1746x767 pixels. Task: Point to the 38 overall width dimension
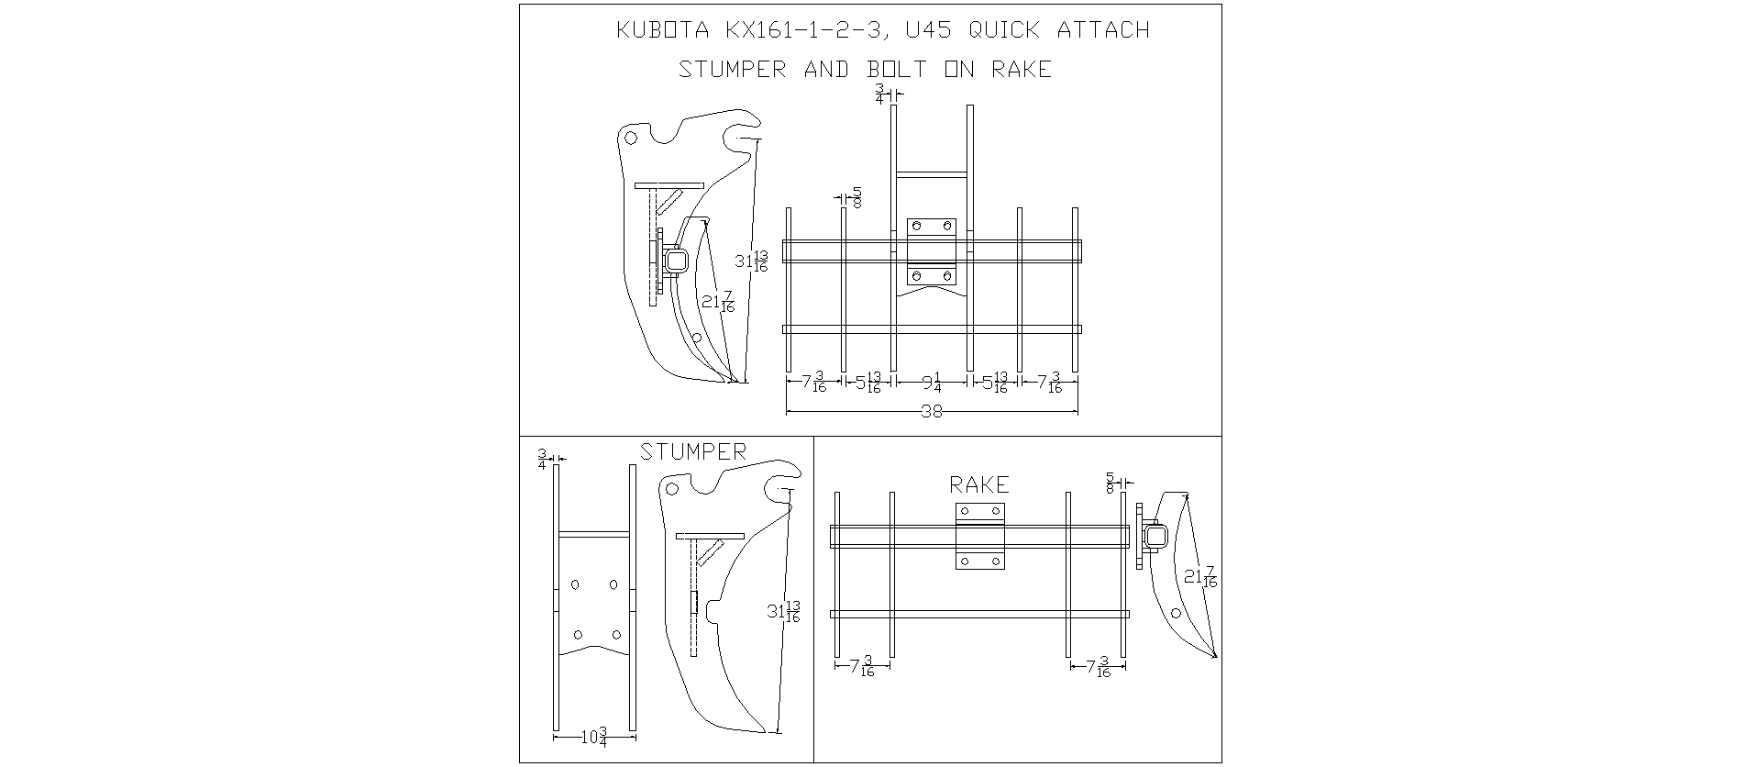point(932,412)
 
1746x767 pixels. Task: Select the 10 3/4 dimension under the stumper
point(594,737)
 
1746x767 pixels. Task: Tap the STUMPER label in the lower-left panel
point(693,451)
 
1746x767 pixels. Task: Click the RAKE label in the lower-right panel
point(979,484)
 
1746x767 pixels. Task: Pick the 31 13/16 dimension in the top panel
point(751,261)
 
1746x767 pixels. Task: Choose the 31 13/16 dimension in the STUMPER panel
point(784,612)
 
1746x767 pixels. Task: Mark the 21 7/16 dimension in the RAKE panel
point(1200,577)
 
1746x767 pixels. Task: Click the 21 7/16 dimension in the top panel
point(718,302)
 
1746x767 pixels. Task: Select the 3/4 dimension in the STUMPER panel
point(542,459)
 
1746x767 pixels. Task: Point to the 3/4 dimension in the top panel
point(880,94)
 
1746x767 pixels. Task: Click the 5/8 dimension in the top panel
point(857,197)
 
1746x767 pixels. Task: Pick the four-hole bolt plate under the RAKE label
point(980,537)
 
